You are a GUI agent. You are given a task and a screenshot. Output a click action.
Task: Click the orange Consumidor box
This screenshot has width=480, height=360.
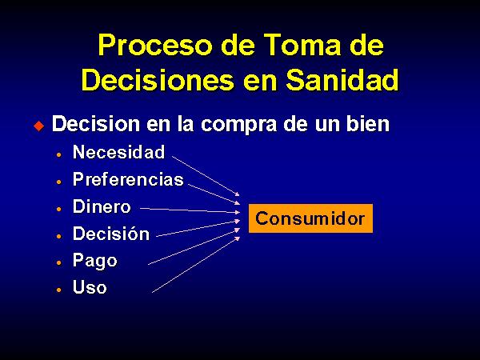click(310, 218)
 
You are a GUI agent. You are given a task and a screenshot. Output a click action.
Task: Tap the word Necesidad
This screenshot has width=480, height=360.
click(118, 152)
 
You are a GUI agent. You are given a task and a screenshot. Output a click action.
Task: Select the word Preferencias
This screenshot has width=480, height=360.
click(128, 179)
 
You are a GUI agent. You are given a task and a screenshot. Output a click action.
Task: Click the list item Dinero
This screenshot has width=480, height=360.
click(102, 206)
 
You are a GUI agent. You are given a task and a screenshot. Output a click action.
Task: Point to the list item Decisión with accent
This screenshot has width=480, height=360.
click(111, 234)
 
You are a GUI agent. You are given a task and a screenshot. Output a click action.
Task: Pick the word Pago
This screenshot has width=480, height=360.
click(95, 261)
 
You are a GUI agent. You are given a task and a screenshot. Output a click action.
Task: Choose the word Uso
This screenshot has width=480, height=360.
click(90, 287)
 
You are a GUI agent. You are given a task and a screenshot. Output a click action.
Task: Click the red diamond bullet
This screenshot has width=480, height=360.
click(39, 126)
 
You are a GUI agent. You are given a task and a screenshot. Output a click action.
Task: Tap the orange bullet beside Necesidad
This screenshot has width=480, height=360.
click(59, 154)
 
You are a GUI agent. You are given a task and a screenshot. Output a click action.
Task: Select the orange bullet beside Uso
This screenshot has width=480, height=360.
click(59, 290)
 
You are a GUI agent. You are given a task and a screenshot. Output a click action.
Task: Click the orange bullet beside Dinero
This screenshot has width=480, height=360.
click(59, 209)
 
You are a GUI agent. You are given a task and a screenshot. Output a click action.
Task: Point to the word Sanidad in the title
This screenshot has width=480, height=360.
click(342, 79)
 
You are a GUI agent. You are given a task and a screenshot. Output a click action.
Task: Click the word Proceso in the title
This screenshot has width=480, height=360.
click(155, 45)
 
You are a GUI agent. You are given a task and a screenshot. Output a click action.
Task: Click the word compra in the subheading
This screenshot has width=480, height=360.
click(238, 125)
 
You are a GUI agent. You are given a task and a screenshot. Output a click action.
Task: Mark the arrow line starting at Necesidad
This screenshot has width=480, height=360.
click(206, 176)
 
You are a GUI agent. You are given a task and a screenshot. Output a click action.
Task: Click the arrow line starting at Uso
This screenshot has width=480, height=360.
click(196, 265)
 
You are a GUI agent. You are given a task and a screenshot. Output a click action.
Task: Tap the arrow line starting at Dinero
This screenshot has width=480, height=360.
click(190, 210)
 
